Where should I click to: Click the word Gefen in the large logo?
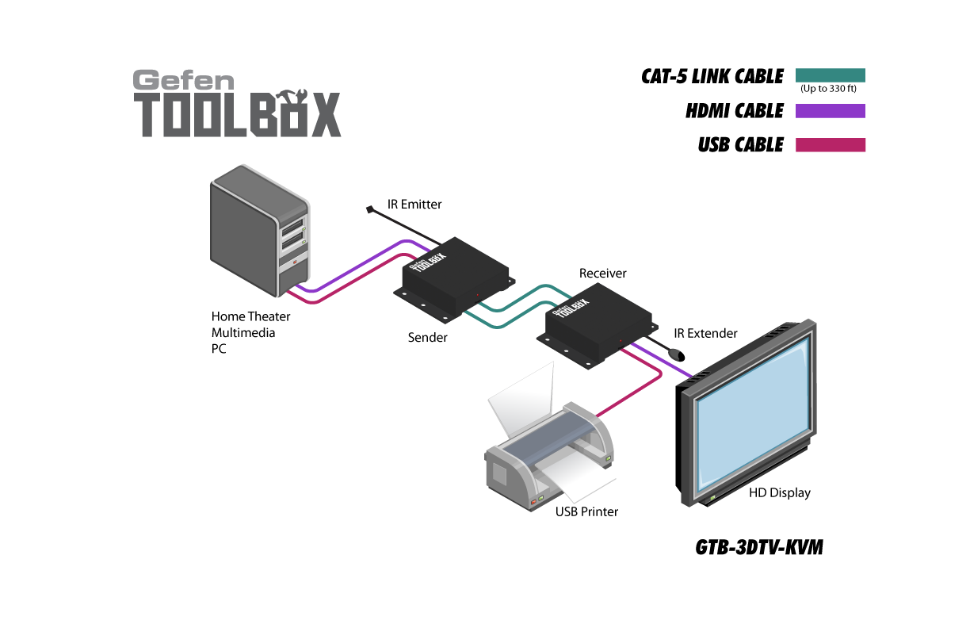pos(183,80)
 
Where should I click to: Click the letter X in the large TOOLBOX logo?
pos(325,116)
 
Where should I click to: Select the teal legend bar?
pos(830,75)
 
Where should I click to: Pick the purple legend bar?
pos(830,111)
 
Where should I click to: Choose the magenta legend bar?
pos(830,145)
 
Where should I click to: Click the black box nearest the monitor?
pos(596,324)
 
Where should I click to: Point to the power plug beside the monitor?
pos(675,351)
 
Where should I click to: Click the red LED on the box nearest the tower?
pos(477,296)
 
